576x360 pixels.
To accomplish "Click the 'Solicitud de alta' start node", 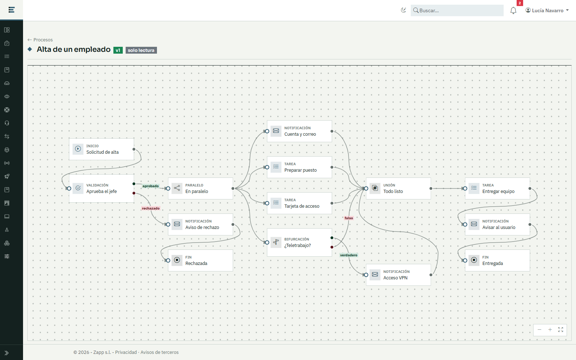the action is [x=101, y=149].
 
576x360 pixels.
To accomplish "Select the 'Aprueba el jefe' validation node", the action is [x=101, y=189].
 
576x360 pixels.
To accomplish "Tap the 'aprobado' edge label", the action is [x=151, y=186].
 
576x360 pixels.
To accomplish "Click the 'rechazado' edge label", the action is [x=151, y=208].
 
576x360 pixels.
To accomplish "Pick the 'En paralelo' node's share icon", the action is [x=177, y=188].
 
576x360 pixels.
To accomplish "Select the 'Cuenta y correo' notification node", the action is [x=299, y=131].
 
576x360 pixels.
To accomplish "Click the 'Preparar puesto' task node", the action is [x=299, y=167].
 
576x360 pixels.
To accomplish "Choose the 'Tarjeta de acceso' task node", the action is [x=299, y=203].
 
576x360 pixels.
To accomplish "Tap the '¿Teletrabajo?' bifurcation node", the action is [x=299, y=243].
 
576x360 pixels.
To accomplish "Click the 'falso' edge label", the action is [x=349, y=218].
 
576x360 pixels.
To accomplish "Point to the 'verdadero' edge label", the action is [x=349, y=255].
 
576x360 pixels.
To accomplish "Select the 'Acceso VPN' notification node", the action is [x=398, y=275].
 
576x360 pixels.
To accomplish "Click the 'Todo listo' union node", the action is [x=398, y=189].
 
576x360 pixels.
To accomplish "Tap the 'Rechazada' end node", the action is [x=200, y=260].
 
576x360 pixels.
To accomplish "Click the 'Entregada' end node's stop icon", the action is [x=474, y=260].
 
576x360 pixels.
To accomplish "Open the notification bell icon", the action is [x=513, y=10].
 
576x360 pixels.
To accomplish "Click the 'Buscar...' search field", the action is [x=457, y=10].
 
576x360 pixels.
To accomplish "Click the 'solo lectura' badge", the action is [x=141, y=50].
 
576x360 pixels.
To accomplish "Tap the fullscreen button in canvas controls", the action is [x=561, y=330].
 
